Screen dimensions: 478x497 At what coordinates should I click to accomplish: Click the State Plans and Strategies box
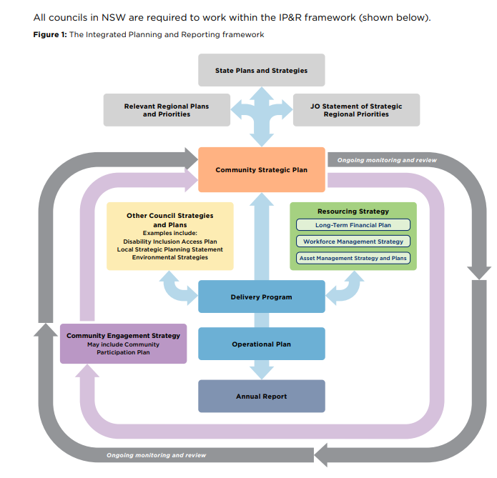pos(261,71)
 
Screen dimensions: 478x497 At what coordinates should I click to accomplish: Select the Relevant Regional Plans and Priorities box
pos(167,110)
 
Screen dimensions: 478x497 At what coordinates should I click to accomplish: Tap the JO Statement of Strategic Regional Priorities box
pos(356,110)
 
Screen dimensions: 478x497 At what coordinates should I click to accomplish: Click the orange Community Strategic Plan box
pos(261,170)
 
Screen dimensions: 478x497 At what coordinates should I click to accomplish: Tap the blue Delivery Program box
pos(261,297)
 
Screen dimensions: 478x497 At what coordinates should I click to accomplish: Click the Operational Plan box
pos(261,344)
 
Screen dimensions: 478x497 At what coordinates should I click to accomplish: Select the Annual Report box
pos(261,396)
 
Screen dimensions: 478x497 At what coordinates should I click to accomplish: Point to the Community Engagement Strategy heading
pos(123,336)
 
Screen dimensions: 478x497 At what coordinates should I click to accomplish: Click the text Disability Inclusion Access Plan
pos(169,242)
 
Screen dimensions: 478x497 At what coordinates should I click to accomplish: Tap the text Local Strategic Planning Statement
pos(169,249)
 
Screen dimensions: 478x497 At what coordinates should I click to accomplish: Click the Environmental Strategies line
pos(169,257)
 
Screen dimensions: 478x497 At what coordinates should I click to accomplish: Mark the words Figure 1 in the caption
pos(49,35)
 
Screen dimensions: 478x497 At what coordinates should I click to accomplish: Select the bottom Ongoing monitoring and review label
pos(156,455)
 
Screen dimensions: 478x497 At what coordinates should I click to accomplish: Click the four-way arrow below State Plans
pos(261,111)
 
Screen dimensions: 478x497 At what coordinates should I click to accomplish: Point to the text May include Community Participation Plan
pos(123,349)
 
